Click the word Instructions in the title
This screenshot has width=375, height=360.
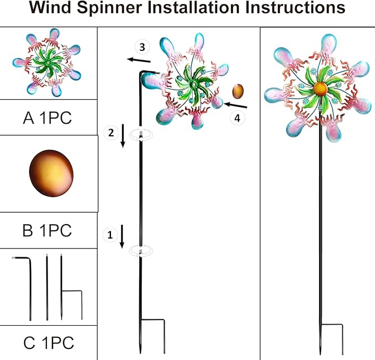pyautogui.click(x=292, y=9)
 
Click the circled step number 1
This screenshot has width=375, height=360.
pyautogui.click(x=109, y=235)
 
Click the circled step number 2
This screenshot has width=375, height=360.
pyautogui.click(x=111, y=132)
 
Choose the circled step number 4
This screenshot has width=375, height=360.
pyautogui.click(x=237, y=118)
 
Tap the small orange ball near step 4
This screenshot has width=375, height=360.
pyautogui.click(x=239, y=90)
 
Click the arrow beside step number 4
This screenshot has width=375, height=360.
pyautogui.click(x=236, y=104)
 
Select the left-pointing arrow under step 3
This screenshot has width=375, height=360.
pyautogui.click(x=138, y=60)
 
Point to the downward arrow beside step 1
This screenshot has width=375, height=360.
pyautogui.click(x=123, y=237)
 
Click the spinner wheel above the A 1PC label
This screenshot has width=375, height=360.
pyautogui.click(x=49, y=62)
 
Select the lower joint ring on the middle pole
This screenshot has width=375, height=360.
pyautogui.click(x=141, y=251)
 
